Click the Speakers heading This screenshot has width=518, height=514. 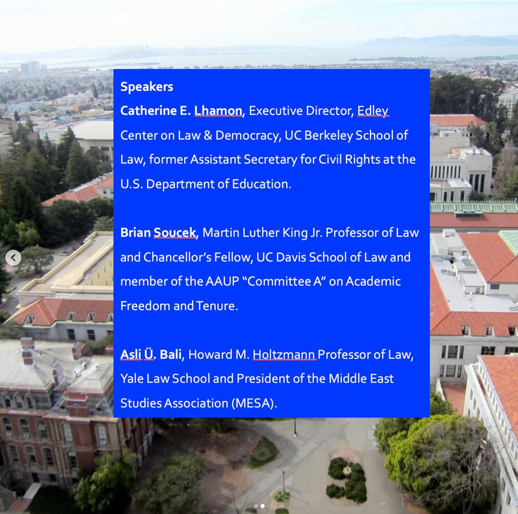(x=147, y=87)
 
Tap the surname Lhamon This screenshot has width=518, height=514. (x=218, y=111)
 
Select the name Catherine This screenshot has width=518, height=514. (x=148, y=111)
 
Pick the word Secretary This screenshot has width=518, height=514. (x=270, y=160)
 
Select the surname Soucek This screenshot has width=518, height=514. (x=175, y=233)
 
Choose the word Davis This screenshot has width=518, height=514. (x=291, y=257)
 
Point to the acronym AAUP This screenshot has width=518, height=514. (x=222, y=282)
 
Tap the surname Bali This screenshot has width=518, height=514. (x=171, y=355)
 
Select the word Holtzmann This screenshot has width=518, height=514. (x=284, y=355)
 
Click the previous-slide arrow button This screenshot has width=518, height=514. (x=13, y=258)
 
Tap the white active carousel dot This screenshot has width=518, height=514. (x=263, y=506)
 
